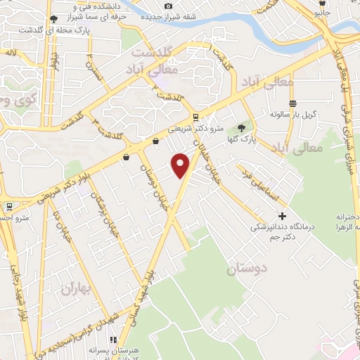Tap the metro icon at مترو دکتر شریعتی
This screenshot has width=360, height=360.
[x=195, y=117]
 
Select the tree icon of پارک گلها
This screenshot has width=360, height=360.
[x=242, y=127]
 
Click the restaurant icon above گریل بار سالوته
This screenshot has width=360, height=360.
[x=292, y=102]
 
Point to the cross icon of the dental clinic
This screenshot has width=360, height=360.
[x=283, y=216]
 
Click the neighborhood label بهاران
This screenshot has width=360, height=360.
[x=76, y=287]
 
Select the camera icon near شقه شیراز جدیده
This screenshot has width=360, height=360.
[x=167, y=6]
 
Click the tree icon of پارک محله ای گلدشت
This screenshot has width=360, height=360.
[x=54, y=19]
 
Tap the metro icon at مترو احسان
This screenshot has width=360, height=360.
[x=9, y=207]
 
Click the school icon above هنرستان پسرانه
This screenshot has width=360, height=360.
[x=112, y=340]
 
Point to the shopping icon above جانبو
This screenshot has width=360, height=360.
[x=322, y=3]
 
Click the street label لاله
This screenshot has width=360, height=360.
[x=10, y=53]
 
